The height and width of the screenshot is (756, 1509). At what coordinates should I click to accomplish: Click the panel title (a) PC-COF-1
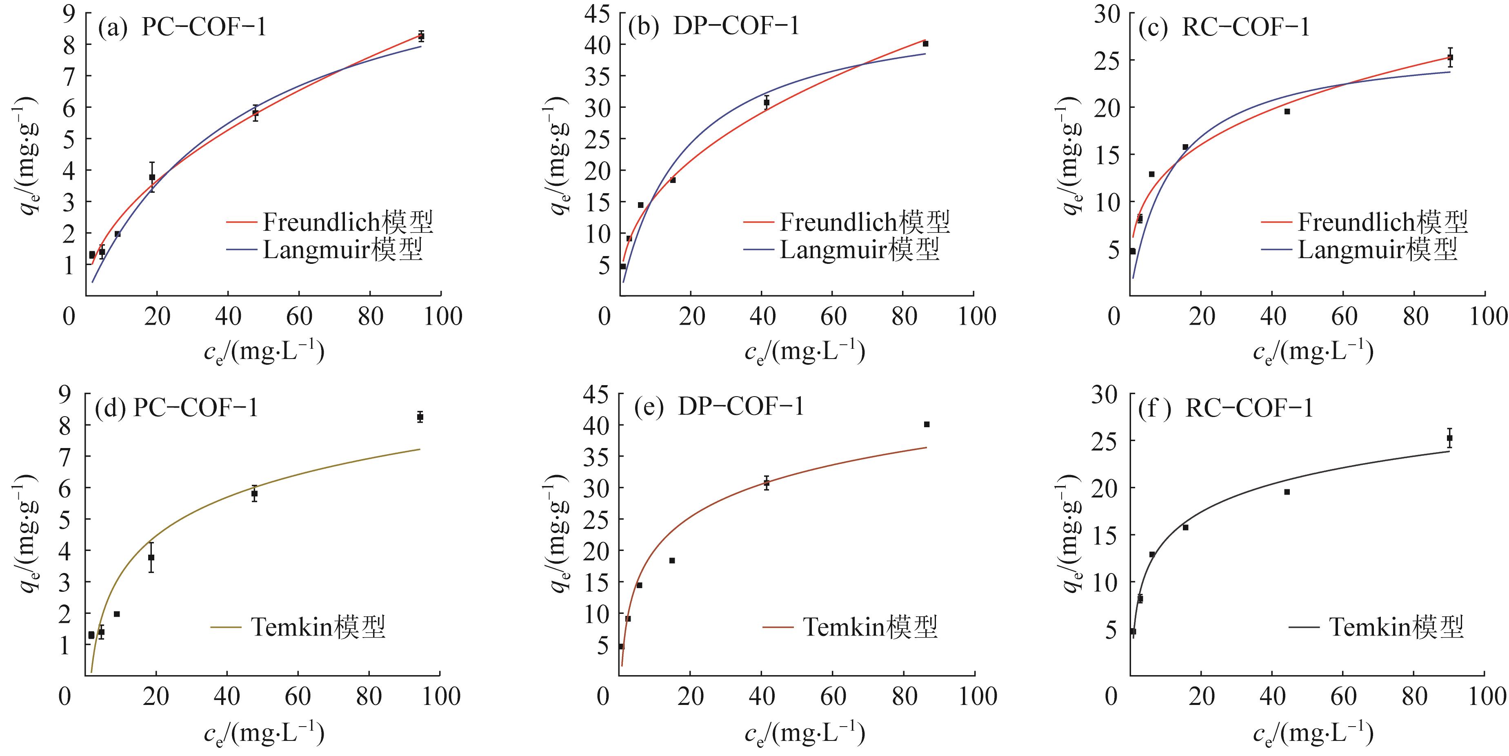point(182,27)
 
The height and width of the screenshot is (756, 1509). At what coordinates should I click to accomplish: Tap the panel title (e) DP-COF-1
point(719,406)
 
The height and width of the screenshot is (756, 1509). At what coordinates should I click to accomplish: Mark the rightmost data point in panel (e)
point(927,424)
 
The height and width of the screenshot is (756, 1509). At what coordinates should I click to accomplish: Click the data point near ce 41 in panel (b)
point(766,102)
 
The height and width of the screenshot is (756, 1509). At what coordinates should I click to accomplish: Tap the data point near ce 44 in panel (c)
point(1287,112)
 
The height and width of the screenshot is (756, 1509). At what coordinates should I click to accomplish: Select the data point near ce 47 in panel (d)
point(254,493)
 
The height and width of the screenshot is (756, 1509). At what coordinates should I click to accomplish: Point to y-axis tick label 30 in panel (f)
point(1104,395)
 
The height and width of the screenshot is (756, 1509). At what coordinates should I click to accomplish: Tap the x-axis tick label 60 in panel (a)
point(299,317)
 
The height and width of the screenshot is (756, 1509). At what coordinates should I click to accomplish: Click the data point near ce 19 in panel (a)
point(152,177)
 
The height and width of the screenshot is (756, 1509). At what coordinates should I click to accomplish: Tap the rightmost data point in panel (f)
point(1450,438)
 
